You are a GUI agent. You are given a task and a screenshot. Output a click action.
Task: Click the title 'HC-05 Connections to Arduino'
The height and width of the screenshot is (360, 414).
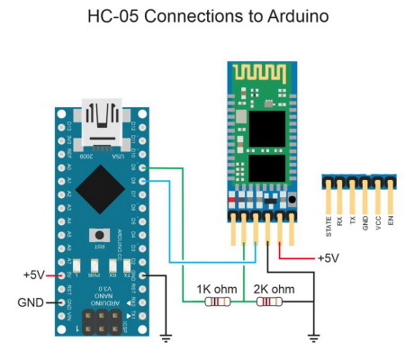click(206, 16)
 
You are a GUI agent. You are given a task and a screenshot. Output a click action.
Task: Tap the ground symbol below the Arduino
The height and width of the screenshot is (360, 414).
click(166, 338)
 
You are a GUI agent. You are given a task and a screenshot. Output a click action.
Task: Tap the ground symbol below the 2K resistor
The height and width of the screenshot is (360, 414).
click(313, 338)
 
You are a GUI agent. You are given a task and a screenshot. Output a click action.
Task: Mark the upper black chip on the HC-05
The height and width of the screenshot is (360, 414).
click(262, 125)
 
